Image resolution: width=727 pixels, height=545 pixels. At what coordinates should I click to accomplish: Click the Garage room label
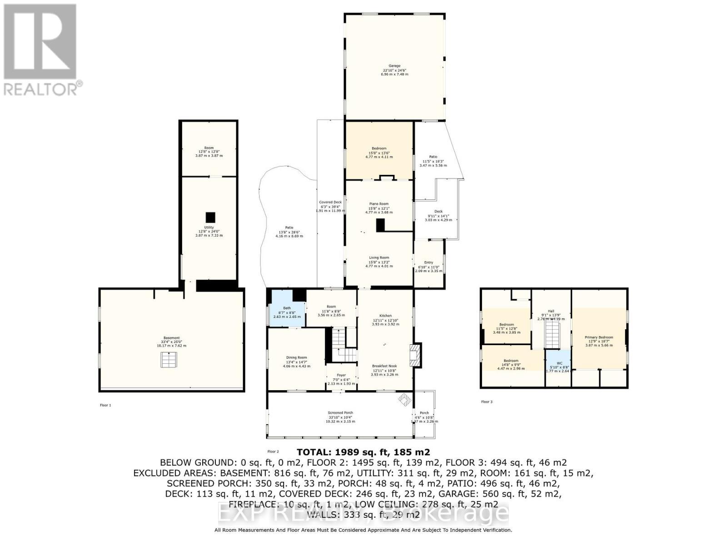[x=394, y=66]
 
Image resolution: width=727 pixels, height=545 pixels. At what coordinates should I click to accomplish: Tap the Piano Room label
[x=379, y=204]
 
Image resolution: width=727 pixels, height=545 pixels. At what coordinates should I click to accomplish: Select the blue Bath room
[x=287, y=313]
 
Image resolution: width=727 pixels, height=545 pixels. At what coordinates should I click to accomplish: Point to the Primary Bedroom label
[x=598, y=337]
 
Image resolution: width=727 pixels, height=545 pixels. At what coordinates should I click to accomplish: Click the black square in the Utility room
[x=210, y=217]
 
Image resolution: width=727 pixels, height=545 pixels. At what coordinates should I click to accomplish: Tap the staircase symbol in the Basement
[x=168, y=361]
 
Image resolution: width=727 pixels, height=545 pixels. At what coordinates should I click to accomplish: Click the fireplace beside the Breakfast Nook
[x=415, y=355]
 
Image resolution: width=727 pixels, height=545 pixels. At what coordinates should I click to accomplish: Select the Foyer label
[x=341, y=376]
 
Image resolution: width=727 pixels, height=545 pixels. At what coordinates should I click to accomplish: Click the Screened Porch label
[x=341, y=413]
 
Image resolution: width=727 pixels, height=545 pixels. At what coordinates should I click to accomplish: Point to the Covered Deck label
[x=330, y=202]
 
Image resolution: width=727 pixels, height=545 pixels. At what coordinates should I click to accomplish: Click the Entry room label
[x=428, y=263]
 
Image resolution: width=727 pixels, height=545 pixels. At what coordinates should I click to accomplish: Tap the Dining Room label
[x=296, y=357]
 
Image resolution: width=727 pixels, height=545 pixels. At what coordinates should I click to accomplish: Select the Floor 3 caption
[x=487, y=402]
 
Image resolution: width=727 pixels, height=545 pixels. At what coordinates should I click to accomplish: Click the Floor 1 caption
[x=105, y=405]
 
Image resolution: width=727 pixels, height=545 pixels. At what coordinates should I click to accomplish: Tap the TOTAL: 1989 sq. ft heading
[x=363, y=452]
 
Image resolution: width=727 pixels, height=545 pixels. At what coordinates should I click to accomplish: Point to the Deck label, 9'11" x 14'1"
[x=438, y=212]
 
